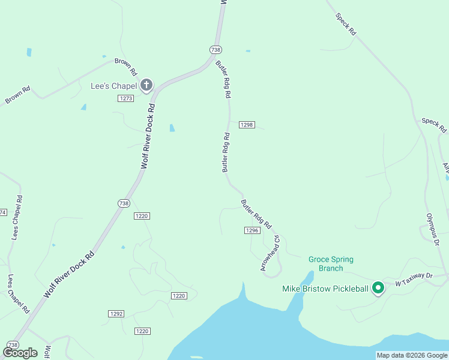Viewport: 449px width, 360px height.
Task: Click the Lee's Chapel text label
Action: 113,86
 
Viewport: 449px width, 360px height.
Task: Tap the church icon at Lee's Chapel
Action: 146,85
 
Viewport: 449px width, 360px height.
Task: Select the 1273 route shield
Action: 125,98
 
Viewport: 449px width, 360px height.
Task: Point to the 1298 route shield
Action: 247,125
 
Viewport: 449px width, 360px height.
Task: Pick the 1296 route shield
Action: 252,230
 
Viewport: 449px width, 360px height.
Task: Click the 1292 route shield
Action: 116,313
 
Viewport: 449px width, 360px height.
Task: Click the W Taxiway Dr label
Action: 414,278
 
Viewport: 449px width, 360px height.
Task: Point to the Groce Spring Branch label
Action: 331,263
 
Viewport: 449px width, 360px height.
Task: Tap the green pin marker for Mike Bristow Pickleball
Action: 378,289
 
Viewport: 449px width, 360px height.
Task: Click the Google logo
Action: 20,353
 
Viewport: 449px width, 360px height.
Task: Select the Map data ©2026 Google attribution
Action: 411,355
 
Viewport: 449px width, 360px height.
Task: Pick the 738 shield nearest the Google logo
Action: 12,344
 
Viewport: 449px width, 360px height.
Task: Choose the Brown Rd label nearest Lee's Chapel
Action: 125,63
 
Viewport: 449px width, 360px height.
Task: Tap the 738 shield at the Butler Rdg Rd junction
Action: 216,50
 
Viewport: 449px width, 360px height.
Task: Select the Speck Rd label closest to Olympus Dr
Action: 433,125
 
